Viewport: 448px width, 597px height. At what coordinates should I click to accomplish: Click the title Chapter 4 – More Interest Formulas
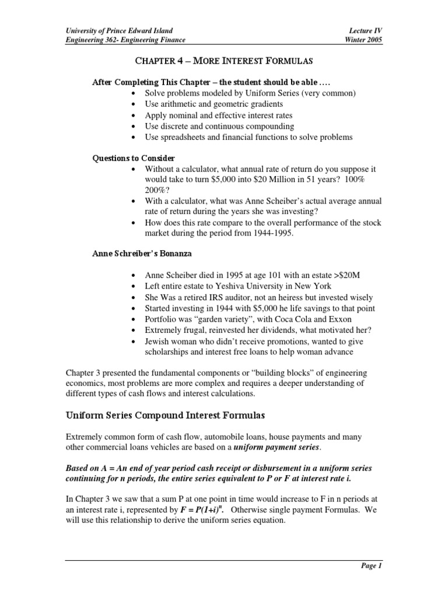pyautogui.click(x=225, y=61)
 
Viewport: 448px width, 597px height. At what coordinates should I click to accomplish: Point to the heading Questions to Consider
pyautogui.click(x=134, y=158)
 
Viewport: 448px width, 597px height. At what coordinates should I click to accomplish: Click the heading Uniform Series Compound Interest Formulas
pyautogui.click(x=164, y=416)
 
